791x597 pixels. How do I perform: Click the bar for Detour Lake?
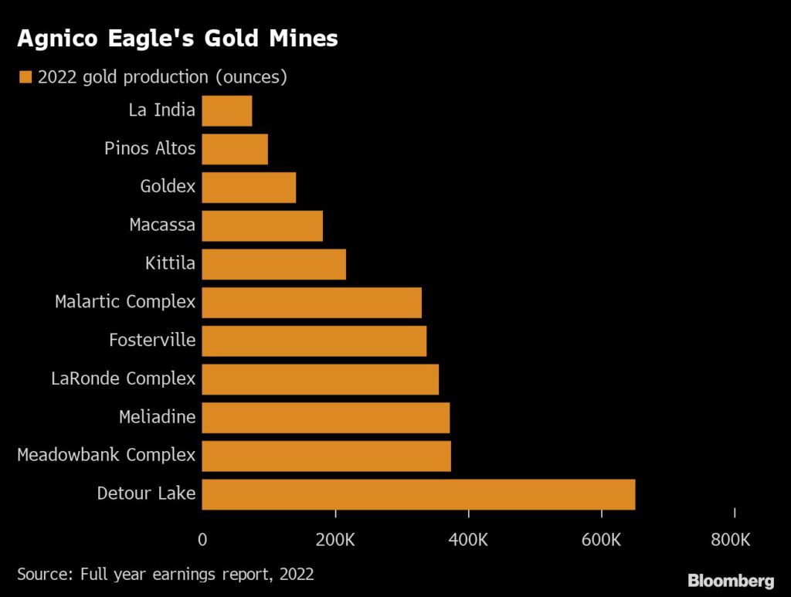[x=418, y=494]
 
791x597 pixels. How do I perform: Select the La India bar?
[x=226, y=110]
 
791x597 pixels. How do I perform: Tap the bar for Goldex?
[x=249, y=187]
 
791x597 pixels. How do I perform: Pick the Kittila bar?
[x=273, y=264]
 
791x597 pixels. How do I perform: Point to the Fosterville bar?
[x=314, y=341]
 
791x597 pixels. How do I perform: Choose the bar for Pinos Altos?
[x=235, y=149]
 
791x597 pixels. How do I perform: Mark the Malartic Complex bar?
[x=311, y=302]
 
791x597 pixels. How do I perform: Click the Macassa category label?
[x=162, y=226]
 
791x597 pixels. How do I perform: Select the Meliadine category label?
[x=157, y=418]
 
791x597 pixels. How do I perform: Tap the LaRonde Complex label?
[x=123, y=379]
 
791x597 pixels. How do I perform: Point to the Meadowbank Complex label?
[x=106, y=456]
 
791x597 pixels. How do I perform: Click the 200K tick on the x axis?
[x=335, y=540]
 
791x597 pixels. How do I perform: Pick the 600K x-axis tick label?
[x=601, y=540]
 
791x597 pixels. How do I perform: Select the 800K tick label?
[x=730, y=540]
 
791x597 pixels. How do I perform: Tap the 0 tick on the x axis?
[x=202, y=540]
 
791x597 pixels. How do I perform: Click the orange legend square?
[x=25, y=77]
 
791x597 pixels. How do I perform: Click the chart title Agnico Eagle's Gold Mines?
[x=177, y=39]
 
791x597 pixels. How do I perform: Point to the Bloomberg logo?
[x=731, y=580]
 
